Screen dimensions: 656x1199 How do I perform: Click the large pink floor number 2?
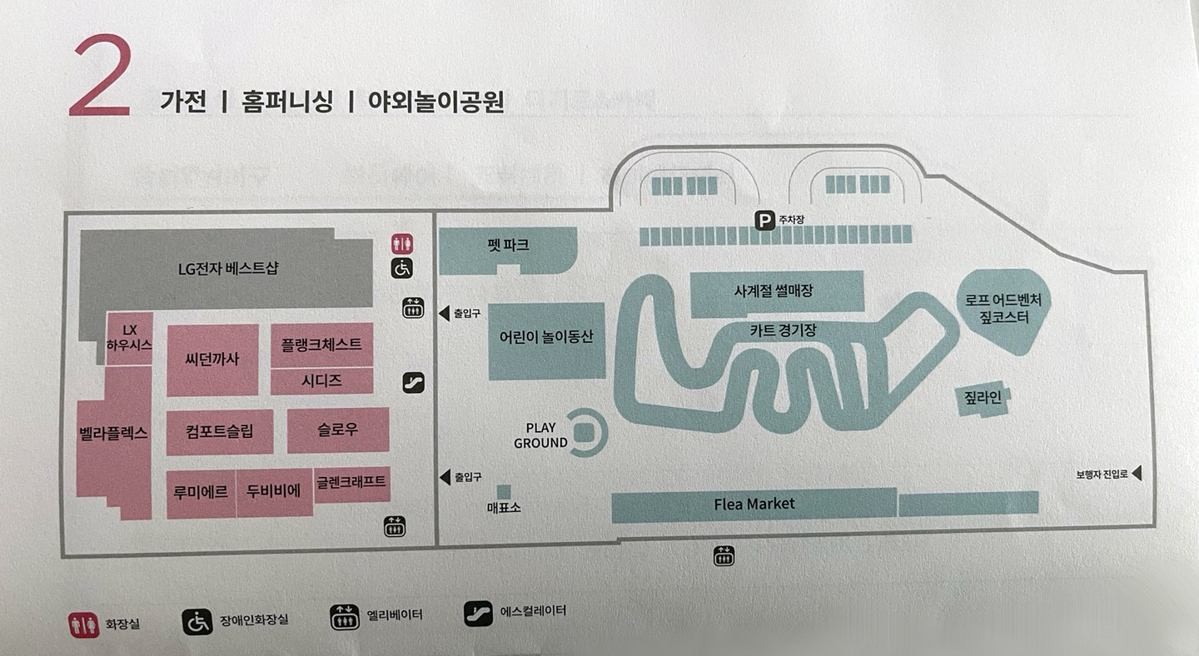coord(101,77)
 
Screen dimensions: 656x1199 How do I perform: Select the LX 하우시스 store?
coord(129,337)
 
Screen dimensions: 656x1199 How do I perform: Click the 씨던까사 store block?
coord(212,360)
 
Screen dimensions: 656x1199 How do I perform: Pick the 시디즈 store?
coord(321,381)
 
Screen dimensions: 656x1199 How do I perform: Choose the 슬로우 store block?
coord(337,430)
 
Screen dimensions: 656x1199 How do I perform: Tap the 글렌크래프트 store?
coord(351,482)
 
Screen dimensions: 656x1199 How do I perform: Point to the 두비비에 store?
coord(273,492)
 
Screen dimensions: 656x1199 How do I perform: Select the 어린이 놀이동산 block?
coord(546,338)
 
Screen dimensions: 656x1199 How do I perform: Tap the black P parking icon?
coord(764,220)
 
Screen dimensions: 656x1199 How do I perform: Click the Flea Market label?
coord(754,504)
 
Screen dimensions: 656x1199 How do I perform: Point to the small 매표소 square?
coord(504,492)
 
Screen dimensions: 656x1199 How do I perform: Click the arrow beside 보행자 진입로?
coord(1137,474)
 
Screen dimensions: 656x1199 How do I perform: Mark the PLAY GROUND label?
coord(540,435)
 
